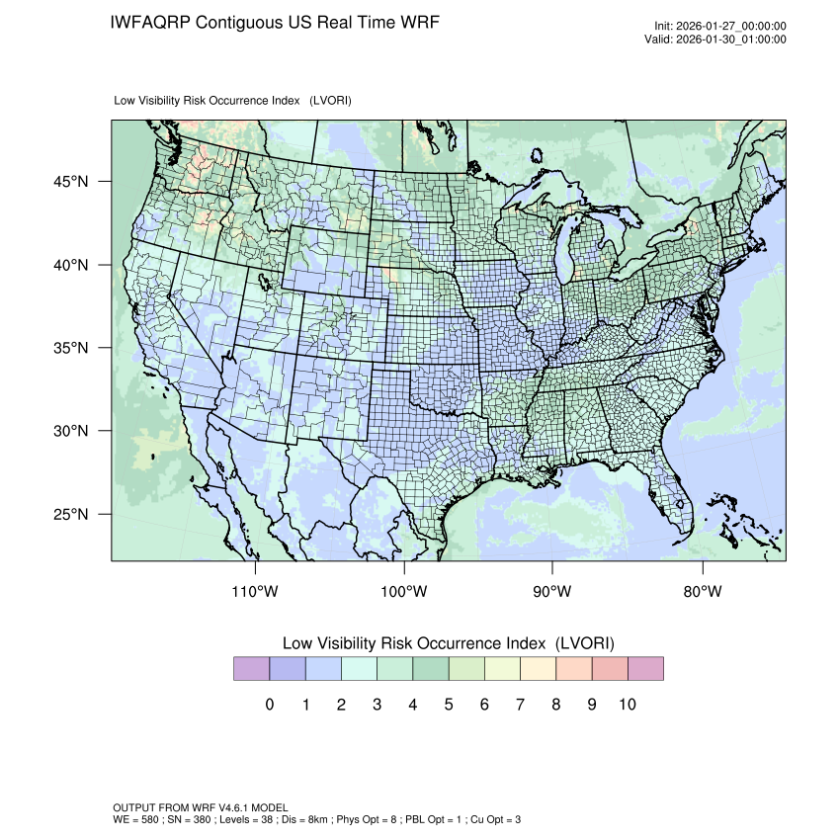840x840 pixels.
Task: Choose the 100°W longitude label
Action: click(404, 592)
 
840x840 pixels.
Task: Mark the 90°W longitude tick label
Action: click(552, 592)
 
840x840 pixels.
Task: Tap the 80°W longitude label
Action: click(702, 592)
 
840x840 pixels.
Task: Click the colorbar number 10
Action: click(628, 705)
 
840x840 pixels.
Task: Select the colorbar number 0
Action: click(270, 705)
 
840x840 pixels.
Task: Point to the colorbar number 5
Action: click(449, 705)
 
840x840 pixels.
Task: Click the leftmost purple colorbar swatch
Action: click(251, 669)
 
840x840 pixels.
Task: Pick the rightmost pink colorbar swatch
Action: click(645, 669)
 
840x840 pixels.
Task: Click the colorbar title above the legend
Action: click(449, 643)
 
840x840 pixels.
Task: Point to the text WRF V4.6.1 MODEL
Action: click(228, 808)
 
